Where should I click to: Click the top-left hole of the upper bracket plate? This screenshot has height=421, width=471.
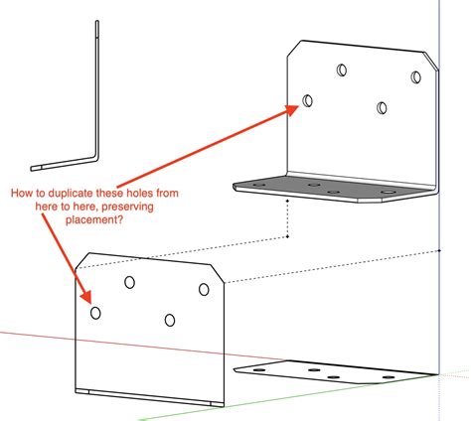(x=343, y=70)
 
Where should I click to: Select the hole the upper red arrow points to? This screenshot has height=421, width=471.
(x=308, y=100)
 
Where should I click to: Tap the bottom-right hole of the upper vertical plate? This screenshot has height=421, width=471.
(x=382, y=108)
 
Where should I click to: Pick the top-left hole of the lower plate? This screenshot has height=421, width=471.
(x=130, y=282)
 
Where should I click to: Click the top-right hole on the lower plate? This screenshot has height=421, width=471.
(x=204, y=289)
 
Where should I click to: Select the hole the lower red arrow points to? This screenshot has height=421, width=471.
(x=95, y=313)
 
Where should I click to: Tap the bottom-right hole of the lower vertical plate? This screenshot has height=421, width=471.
(x=170, y=320)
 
